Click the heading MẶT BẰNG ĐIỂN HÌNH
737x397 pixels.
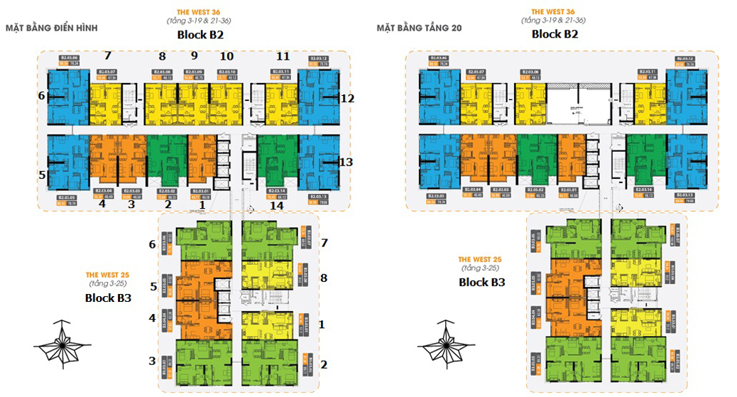[51, 28]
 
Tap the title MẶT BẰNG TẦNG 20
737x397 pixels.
[419, 28]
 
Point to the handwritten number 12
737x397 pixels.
[347, 99]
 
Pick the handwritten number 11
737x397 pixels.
[283, 56]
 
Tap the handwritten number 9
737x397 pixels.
[193, 56]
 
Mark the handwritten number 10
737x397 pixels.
[226, 56]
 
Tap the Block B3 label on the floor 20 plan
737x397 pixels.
[481, 282]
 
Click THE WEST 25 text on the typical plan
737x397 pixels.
[107, 275]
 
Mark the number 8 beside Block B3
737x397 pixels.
[323, 278]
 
